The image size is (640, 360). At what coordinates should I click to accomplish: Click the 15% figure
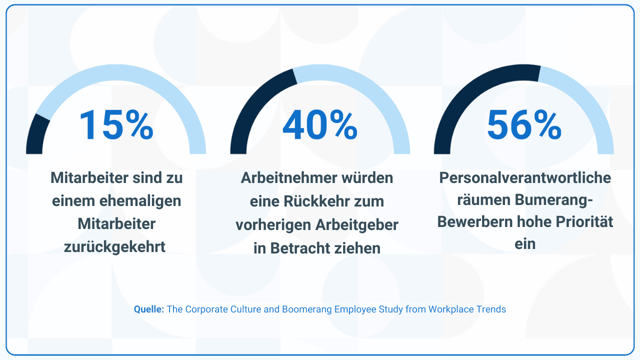116,124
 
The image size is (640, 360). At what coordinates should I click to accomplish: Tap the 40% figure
320,124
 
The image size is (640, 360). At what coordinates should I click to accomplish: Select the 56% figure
524,124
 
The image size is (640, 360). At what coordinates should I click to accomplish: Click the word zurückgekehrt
115,247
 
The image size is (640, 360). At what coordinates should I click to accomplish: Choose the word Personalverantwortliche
525,178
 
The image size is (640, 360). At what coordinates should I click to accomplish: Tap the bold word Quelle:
149,309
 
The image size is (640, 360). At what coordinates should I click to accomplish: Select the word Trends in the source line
491,309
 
